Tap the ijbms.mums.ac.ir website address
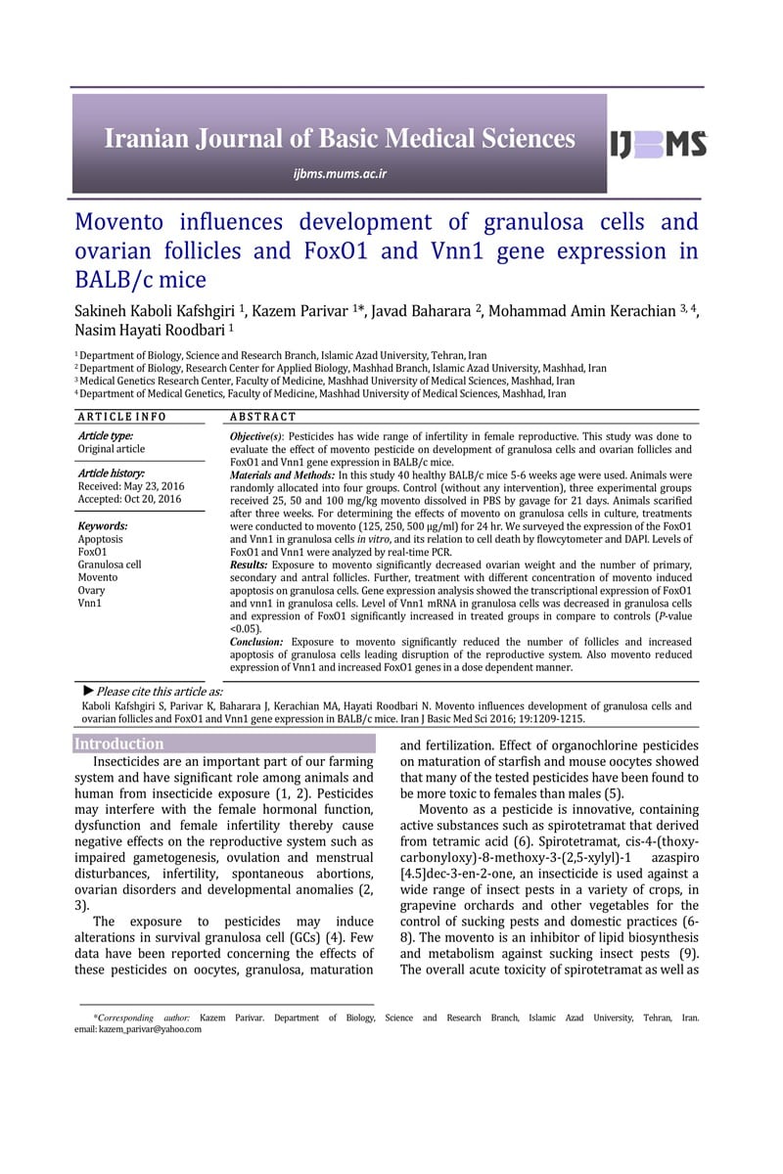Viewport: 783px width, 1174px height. point(340,174)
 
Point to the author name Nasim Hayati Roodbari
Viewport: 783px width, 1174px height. point(150,332)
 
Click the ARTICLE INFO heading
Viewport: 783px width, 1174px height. point(122,416)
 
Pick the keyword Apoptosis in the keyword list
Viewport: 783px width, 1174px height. point(100,539)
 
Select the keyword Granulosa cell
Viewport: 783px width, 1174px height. point(110,564)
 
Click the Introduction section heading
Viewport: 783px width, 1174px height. point(119,744)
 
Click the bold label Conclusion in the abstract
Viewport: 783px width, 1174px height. point(257,642)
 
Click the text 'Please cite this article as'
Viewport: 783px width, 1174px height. point(160,692)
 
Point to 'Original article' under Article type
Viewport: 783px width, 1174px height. point(111,449)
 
